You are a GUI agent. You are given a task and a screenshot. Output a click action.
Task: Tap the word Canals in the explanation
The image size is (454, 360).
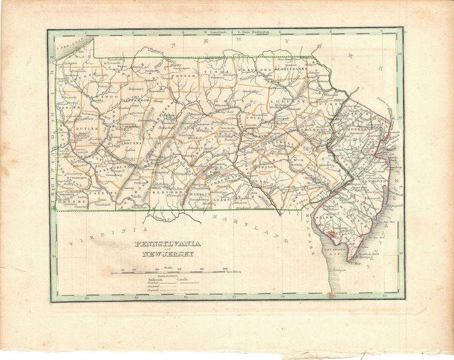tap(183, 279)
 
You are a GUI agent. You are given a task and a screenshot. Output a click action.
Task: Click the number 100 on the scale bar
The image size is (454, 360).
tap(225, 269)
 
